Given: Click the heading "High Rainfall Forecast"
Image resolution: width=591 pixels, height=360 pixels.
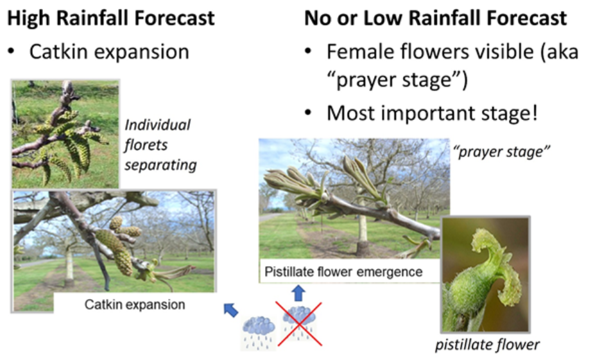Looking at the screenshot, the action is click(111, 18).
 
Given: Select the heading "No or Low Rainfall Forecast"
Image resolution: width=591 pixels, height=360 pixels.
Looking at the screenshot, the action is click(435, 18).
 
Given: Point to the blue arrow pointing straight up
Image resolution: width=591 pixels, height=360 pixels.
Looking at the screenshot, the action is click(298, 293).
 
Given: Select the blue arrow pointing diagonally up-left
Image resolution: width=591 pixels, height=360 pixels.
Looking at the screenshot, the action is click(230, 309).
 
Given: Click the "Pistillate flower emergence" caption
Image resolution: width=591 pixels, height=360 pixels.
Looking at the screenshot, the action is click(343, 271).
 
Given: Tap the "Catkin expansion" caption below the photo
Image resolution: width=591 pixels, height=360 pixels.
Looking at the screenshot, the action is click(135, 304).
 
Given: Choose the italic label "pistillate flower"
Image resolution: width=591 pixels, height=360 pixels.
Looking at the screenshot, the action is click(487, 345).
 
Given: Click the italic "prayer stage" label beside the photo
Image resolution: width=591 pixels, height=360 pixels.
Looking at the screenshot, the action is click(502, 151).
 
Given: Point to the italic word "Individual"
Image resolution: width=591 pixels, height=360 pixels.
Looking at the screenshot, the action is click(158, 124).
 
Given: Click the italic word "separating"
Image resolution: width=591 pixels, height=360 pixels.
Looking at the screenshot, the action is click(160, 165).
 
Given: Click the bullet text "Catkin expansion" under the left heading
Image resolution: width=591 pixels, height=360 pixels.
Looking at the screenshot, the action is click(109, 51).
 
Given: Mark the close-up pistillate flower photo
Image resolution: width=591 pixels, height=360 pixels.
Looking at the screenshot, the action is click(486, 275).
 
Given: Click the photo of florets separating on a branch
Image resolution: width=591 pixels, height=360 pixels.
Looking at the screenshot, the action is click(65, 134).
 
